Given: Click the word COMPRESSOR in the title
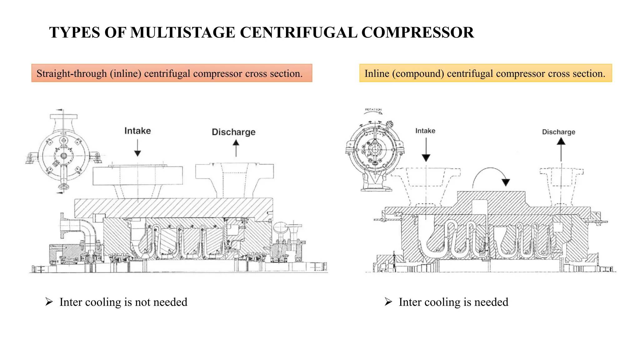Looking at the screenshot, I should point(417,32).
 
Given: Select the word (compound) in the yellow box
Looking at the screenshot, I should point(418,73).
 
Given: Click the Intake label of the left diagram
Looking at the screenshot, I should point(137,131).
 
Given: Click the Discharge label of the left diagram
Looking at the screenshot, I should point(233,132).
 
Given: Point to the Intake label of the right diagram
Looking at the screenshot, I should point(425,131).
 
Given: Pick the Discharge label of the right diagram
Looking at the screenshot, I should point(558,132).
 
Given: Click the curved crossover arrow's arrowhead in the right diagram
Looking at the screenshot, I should point(506,182).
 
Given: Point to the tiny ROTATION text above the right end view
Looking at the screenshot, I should point(373,110).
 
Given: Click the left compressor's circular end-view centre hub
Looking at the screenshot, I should point(64,156).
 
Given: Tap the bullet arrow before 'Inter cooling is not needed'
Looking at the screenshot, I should point(49,302).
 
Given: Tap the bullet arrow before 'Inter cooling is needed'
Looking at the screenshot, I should point(388,302).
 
